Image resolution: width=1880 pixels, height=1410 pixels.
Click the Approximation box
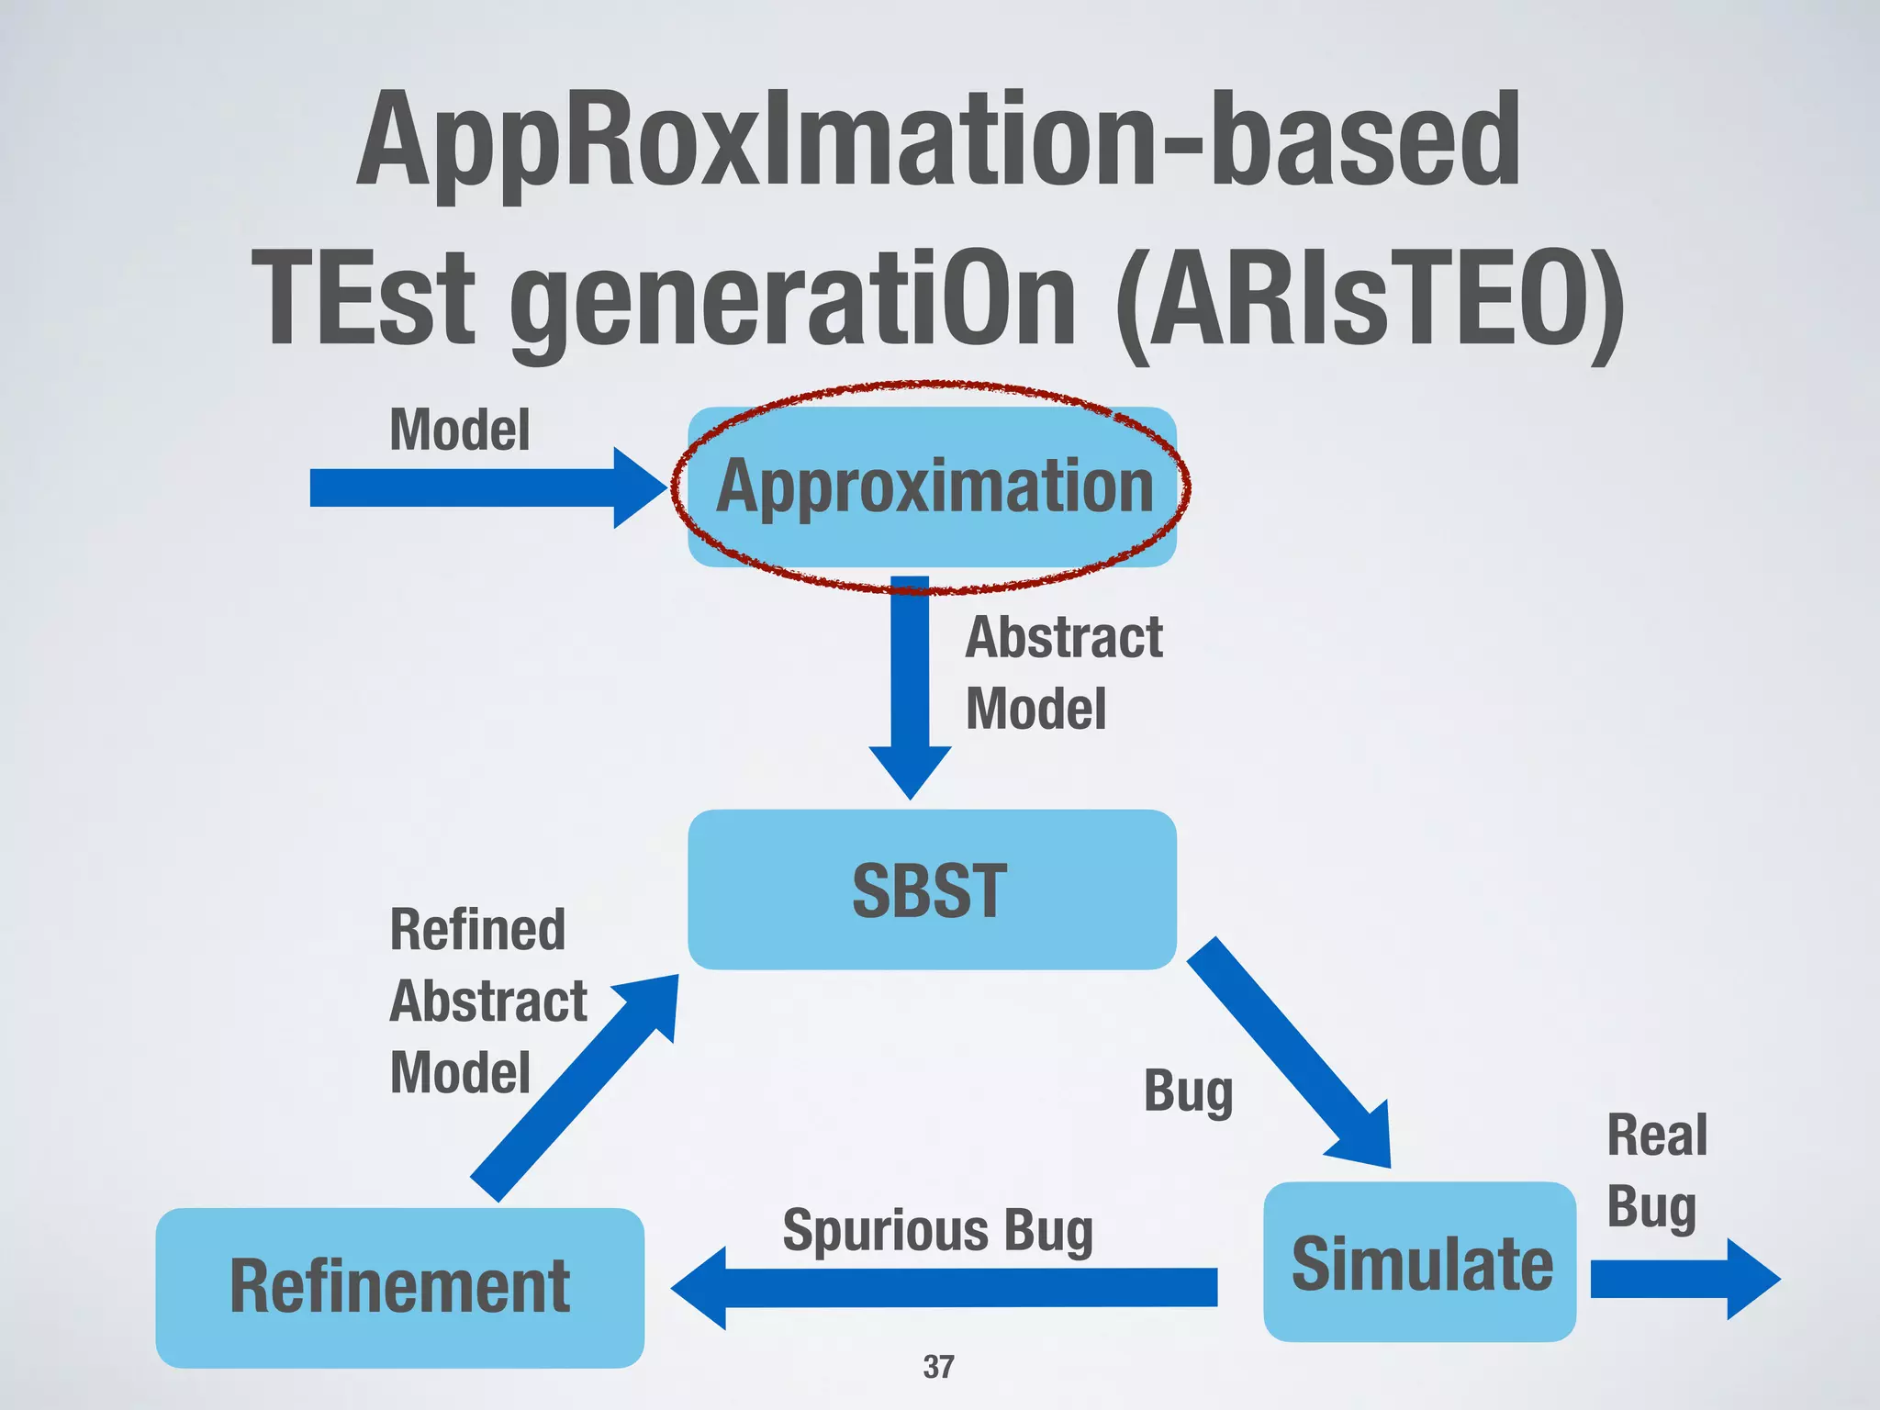click(932, 487)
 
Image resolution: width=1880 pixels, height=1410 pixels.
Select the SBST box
click(932, 889)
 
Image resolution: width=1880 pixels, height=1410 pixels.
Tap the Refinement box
click(399, 1287)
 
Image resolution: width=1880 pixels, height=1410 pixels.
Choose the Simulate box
click(1420, 1262)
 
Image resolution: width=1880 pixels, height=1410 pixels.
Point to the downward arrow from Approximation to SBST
click(910, 688)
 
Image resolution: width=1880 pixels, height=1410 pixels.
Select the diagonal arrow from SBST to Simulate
click(1290, 1051)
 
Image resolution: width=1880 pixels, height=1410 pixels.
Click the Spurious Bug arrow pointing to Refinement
click(946, 1287)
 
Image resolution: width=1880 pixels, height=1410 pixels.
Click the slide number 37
click(938, 1367)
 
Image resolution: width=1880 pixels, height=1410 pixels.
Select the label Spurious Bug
click(937, 1230)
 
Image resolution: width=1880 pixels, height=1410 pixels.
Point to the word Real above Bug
click(1657, 1135)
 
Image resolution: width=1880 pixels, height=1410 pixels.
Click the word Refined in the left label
click(477, 929)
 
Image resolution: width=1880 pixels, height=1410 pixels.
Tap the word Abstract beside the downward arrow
click(1064, 637)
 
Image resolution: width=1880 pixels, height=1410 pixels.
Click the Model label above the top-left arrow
click(460, 430)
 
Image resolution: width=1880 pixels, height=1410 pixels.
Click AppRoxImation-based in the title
click(938, 140)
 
